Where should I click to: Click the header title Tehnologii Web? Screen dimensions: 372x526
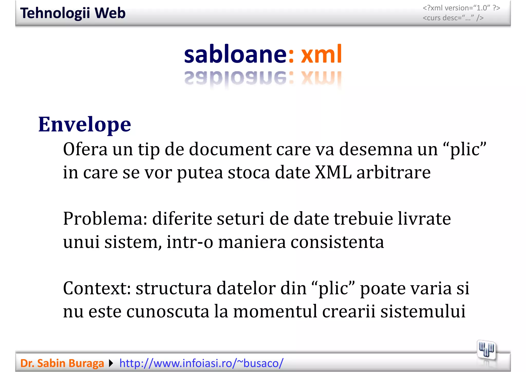73,13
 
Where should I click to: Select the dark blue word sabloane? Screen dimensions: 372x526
235,54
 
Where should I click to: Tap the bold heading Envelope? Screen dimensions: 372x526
84,125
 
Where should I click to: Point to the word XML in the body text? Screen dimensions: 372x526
333,172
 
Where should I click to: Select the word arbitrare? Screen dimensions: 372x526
393,172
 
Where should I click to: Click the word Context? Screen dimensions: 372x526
97,288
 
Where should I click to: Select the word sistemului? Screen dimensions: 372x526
423,311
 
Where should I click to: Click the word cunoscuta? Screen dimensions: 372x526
168,311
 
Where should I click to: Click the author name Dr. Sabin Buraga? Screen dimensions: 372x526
62,363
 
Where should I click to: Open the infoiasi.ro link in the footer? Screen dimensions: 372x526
201,363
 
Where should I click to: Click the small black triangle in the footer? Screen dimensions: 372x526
111,363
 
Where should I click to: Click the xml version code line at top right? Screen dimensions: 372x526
461,8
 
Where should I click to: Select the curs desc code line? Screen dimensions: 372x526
453,18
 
